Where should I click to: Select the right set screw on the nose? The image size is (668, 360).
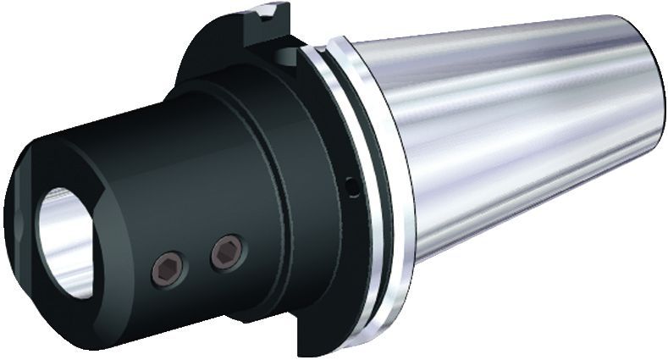226,251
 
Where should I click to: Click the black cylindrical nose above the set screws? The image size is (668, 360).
152,152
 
